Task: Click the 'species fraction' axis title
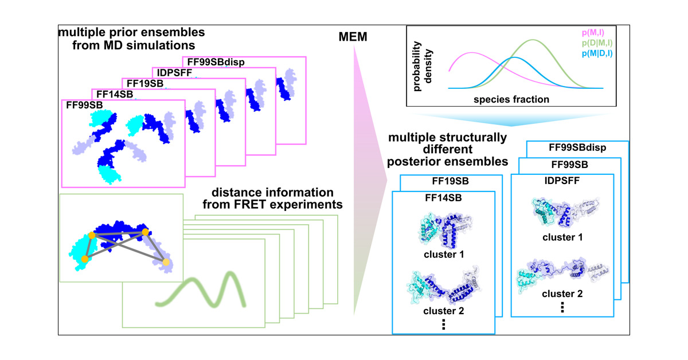point(511,99)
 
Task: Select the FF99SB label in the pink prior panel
point(81,105)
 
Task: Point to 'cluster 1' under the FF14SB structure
point(443,254)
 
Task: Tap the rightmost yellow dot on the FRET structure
point(166,263)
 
